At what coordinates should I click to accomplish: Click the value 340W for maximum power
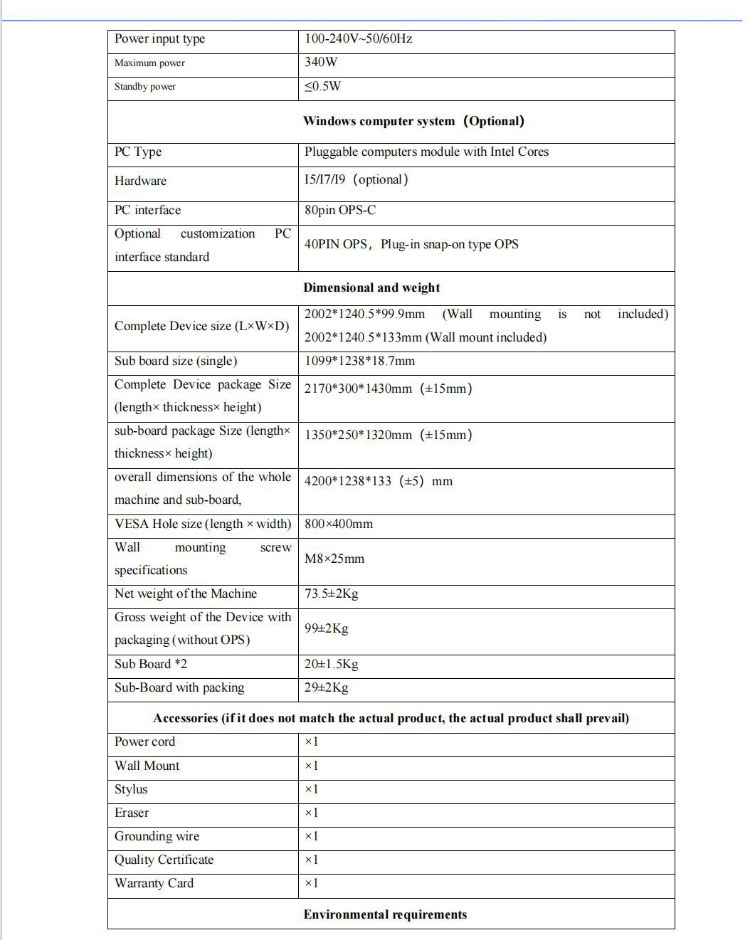(321, 63)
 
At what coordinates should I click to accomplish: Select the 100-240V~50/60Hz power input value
(358, 39)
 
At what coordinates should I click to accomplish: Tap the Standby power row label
(144, 87)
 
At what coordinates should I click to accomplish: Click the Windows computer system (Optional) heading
(413, 121)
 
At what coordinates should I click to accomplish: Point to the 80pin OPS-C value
(340, 211)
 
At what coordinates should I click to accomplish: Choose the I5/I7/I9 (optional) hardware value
(357, 180)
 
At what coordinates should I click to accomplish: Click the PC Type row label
(138, 152)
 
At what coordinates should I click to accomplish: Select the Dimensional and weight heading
(371, 288)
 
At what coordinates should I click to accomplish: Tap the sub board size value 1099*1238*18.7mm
(359, 361)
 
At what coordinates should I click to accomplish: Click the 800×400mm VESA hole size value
(339, 524)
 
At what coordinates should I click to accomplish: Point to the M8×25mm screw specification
(334, 559)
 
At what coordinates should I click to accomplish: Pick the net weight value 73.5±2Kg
(332, 594)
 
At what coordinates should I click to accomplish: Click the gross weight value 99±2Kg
(327, 629)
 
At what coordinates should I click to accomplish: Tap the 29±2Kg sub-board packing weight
(327, 688)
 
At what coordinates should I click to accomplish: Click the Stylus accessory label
(131, 790)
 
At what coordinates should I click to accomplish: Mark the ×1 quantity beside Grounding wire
(312, 837)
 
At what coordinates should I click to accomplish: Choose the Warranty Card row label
(154, 884)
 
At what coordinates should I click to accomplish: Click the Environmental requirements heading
(385, 915)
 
